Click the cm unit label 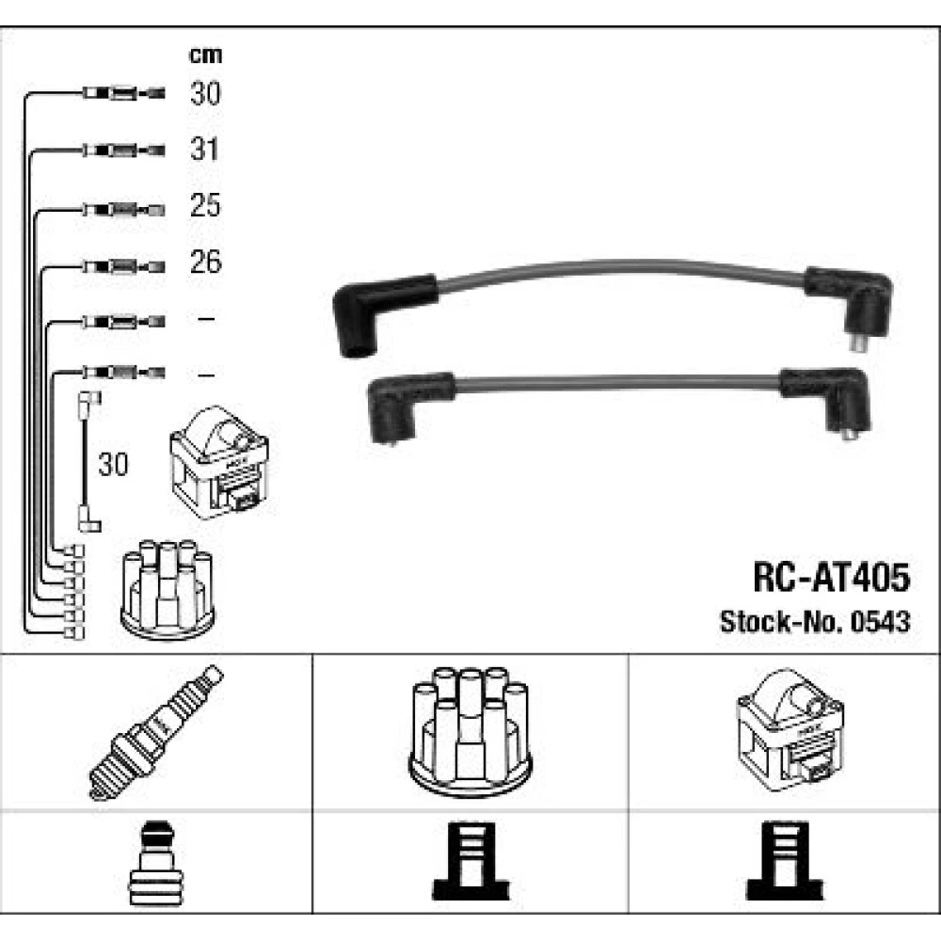(205, 56)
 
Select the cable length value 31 (204, 149)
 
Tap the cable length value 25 (205, 205)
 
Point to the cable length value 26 (205, 262)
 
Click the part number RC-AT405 (831, 578)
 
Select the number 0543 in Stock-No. (881, 622)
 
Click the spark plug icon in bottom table (156, 733)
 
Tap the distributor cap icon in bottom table (470, 731)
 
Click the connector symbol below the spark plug (155, 863)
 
